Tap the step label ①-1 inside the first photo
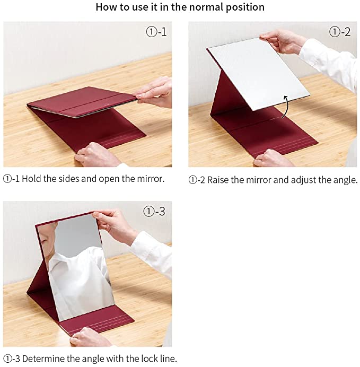click(x=156, y=32)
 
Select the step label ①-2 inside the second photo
click(x=340, y=32)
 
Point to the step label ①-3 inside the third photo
click(x=154, y=212)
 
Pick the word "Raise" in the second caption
click(x=218, y=180)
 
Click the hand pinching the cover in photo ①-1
click(x=153, y=92)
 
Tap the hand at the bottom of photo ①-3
click(x=90, y=337)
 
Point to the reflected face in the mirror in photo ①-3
click(x=47, y=239)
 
